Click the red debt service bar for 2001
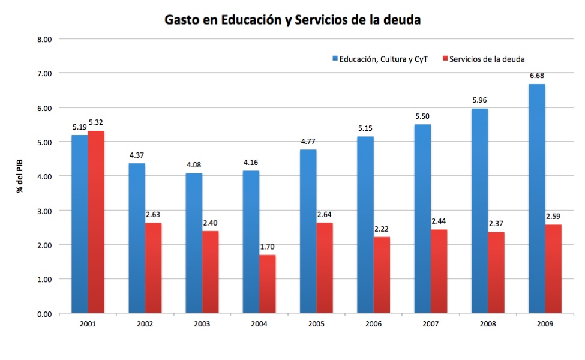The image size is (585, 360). click(96, 222)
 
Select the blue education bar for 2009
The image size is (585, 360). click(537, 199)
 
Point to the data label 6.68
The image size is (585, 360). click(537, 76)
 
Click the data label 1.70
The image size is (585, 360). click(268, 247)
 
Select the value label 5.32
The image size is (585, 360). click(96, 122)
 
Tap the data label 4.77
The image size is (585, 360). click(308, 142)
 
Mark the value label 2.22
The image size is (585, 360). click(382, 229)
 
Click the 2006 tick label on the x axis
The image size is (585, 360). click(373, 324)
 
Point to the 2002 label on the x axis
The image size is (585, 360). click(145, 324)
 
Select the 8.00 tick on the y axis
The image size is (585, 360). click(46, 39)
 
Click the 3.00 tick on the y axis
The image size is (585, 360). click(46, 211)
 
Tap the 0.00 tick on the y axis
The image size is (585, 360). click(46, 314)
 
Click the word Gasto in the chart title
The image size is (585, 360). click(182, 20)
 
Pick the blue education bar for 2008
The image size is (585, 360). click(479, 211)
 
